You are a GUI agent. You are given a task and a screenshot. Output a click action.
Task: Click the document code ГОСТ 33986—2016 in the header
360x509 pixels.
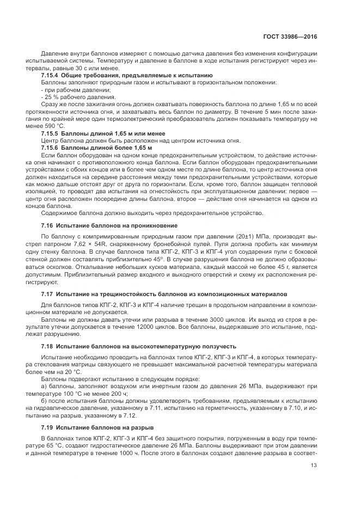click(x=290, y=37)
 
